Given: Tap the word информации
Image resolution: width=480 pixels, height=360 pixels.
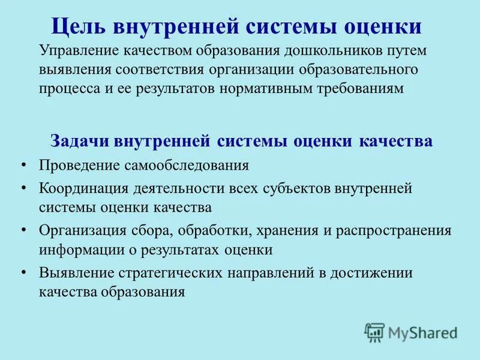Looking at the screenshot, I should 77,249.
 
